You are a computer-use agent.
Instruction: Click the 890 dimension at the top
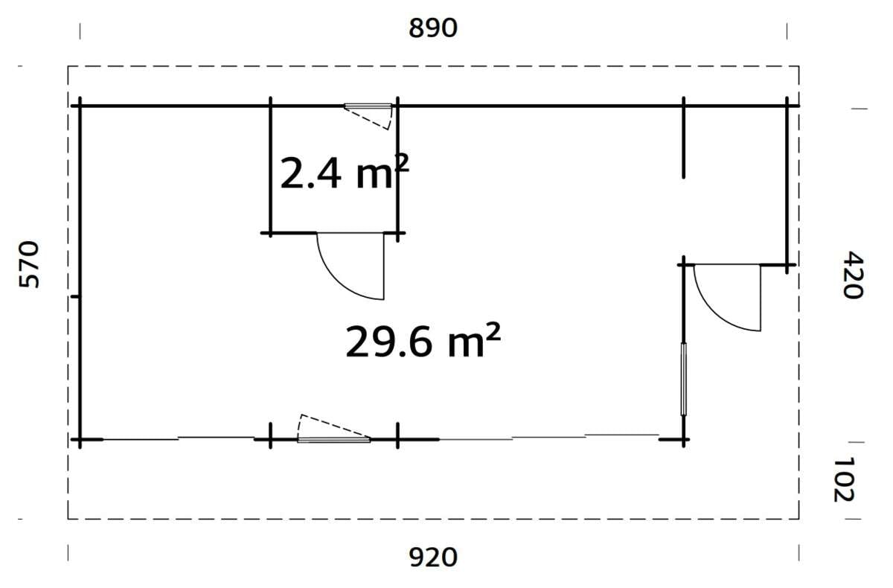coord(432,28)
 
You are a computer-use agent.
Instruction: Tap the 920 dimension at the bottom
coord(433,557)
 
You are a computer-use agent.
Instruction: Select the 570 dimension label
coord(29,264)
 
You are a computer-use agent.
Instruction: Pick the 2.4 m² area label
coord(344,174)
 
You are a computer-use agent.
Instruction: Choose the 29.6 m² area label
coord(422,342)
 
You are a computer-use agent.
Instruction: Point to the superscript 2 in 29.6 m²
coord(491,333)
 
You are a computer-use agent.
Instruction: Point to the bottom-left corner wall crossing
coord(80,440)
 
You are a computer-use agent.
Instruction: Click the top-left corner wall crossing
coord(80,106)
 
